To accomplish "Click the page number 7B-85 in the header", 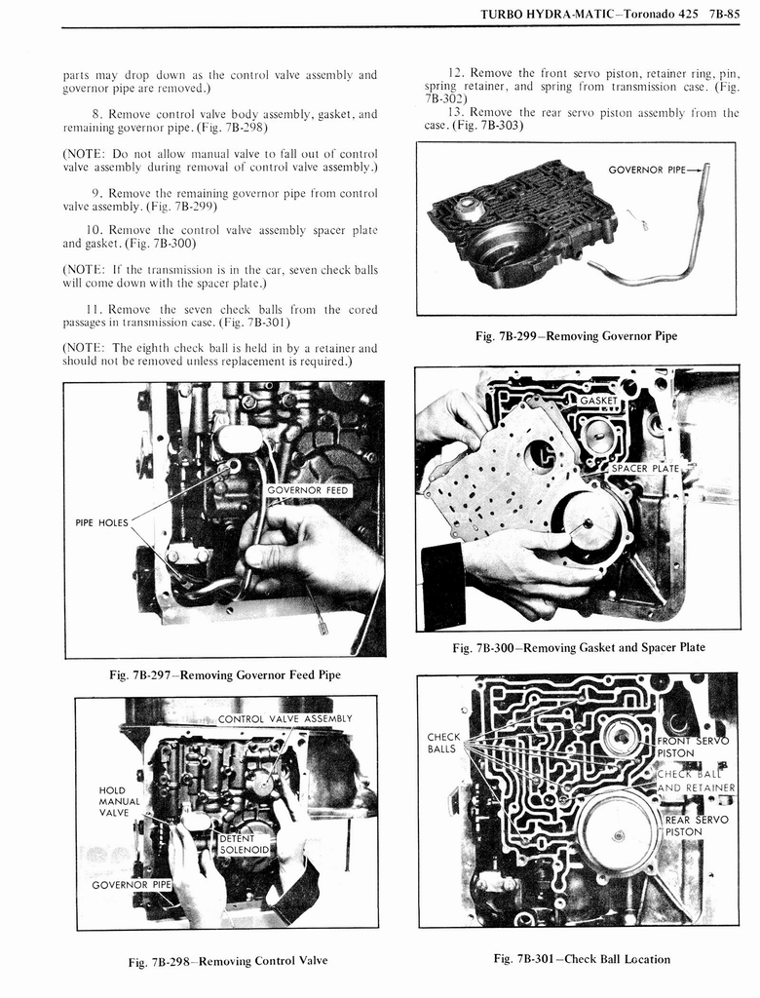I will point(722,15).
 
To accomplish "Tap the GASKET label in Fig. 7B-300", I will point(598,401).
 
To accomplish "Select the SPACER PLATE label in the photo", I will point(645,469).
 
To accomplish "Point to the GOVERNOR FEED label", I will point(307,489).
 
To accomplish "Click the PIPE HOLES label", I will point(101,522).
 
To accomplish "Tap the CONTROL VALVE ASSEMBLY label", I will point(285,719).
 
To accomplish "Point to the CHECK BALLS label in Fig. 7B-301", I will point(443,743).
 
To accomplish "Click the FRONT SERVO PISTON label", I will point(690,746).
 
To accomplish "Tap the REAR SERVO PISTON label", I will point(696,825).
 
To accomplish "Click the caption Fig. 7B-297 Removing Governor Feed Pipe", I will point(225,674).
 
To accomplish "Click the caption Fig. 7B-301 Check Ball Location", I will point(582,959).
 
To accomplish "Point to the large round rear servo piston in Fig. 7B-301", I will point(618,831).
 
